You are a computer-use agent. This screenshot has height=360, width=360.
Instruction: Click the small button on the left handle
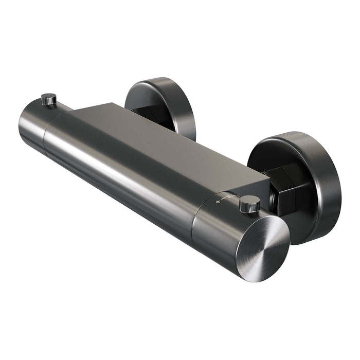49,98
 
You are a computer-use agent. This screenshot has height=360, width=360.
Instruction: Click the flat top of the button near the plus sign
250,200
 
